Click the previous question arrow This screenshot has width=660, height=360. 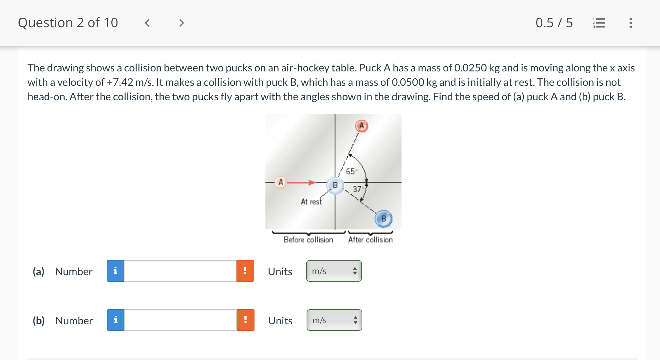(x=147, y=23)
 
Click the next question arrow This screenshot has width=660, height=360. (x=181, y=23)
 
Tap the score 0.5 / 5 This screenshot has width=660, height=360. (x=554, y=23)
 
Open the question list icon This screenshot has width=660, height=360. (x=599, y=23)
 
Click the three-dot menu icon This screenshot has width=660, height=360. (x=631, y=23)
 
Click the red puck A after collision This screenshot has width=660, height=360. (x=362, y=126)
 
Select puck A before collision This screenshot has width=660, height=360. (x=281, y=182)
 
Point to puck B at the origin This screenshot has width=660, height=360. (x=335, y=185)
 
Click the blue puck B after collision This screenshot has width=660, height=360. (x=384, y=218)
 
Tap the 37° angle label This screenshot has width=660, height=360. (x=357, y=189)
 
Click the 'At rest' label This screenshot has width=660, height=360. (x=311, y=202)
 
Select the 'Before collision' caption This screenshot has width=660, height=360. (x=308, y=240)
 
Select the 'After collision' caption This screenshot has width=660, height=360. (x=370, y=240)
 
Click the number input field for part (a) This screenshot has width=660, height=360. (x=180, y=271)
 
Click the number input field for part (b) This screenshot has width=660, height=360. (x=180, y=320)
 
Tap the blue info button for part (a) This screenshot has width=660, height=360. (x=115, y=271)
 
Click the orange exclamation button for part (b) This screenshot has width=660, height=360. (x=245, y=320)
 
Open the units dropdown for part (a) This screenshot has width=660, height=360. (x=334, y=271)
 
